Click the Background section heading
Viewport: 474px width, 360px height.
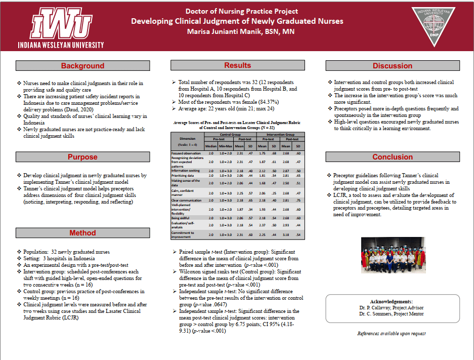[x=82, y=66]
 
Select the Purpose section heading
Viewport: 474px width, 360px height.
[x=82, y=157]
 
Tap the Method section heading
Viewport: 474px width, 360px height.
[x=82, y=233]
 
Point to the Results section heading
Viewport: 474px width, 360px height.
[x=237, y=65]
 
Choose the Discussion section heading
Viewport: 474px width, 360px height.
[x=392, y=66]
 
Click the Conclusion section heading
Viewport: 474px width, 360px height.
[x=392, y=157]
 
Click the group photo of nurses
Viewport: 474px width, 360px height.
[x=392, y=255]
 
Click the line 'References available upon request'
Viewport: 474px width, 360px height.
[x=391, y=334]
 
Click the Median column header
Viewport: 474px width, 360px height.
[x=211, y=146]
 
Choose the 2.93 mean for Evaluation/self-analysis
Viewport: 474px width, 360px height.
[x=285, y=224]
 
